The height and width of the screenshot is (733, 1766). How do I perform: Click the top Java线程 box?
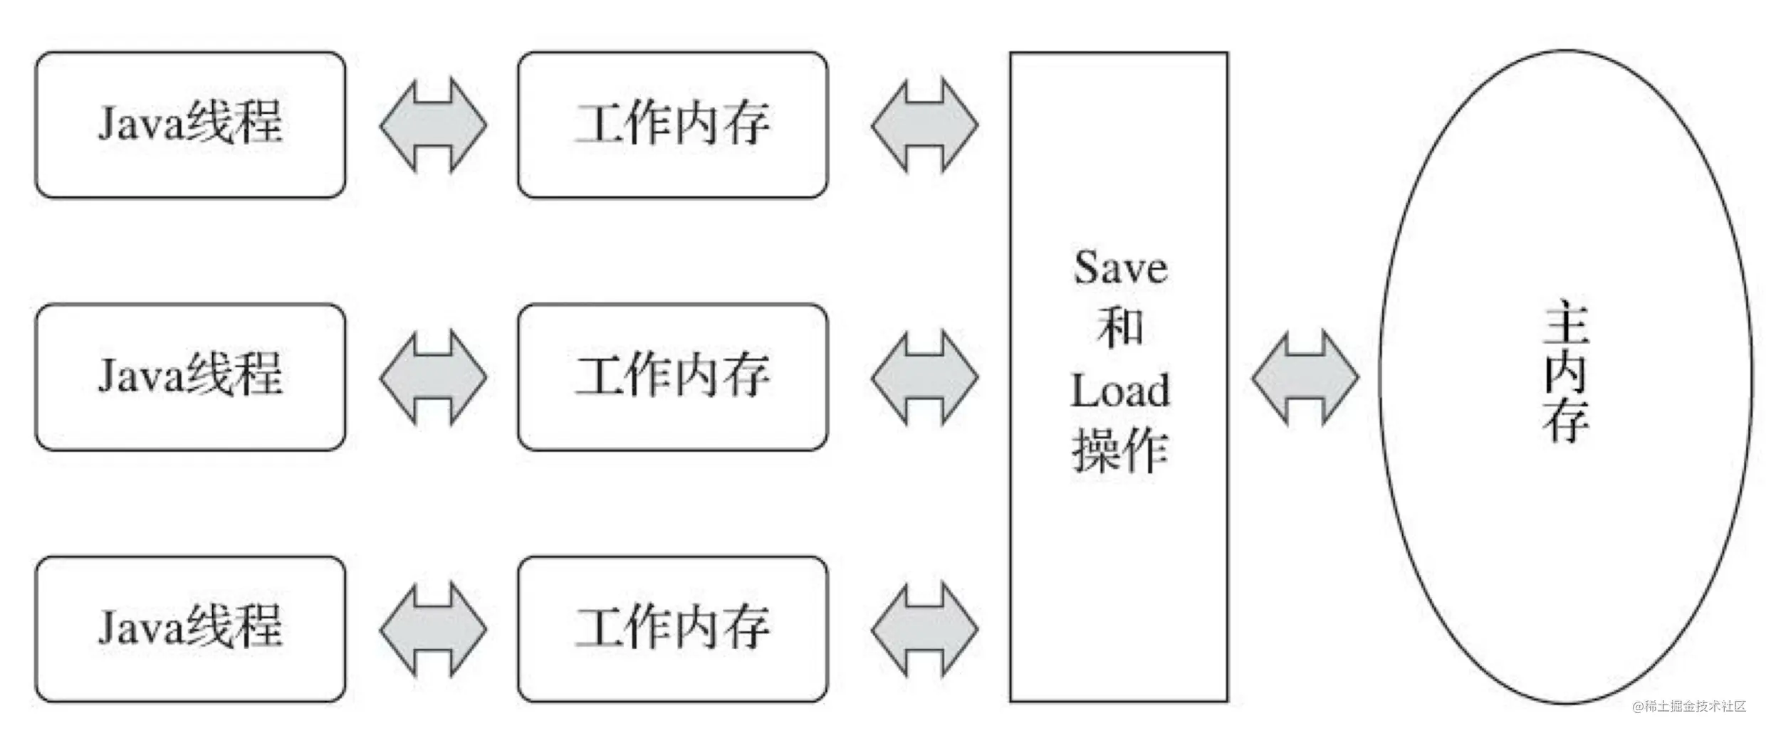pos(191,125)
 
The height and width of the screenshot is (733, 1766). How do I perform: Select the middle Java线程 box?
pos(191,377)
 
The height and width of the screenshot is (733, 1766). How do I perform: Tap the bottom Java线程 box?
pos(191,630)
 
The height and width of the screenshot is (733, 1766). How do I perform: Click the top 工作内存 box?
pos(673,125)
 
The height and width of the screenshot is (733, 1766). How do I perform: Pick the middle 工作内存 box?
pos(673,377)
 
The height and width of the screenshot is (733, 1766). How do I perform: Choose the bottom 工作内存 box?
pos(673,630)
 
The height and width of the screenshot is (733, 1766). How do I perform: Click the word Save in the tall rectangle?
pos(1121,269)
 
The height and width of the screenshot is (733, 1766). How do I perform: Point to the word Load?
pos(1121,391)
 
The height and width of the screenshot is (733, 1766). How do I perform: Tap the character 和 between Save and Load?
pos(1121,329)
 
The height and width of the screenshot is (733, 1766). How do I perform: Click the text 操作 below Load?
pos(1121,451)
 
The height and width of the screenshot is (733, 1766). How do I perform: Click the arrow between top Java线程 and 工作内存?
pos(433,125)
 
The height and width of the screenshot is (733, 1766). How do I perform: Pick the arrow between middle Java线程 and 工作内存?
pos(433,377)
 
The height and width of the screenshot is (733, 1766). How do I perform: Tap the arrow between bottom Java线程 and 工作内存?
pos(433,630)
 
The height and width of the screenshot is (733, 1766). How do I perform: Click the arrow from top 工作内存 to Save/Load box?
pos(925,125)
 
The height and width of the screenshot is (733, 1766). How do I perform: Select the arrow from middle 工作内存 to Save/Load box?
pos(925,377)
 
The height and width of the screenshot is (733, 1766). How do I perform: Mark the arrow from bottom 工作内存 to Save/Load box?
pos(925,630)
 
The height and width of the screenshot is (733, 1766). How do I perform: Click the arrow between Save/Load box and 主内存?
pos(1305,377)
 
